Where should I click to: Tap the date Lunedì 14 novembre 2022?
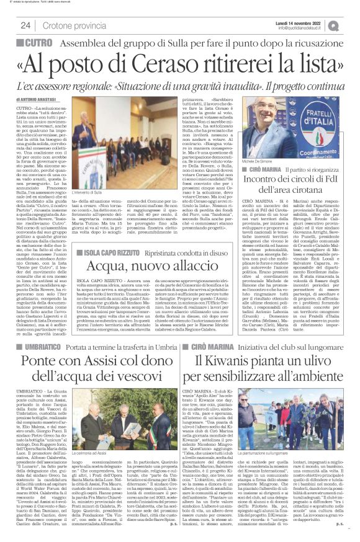[308, 21]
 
